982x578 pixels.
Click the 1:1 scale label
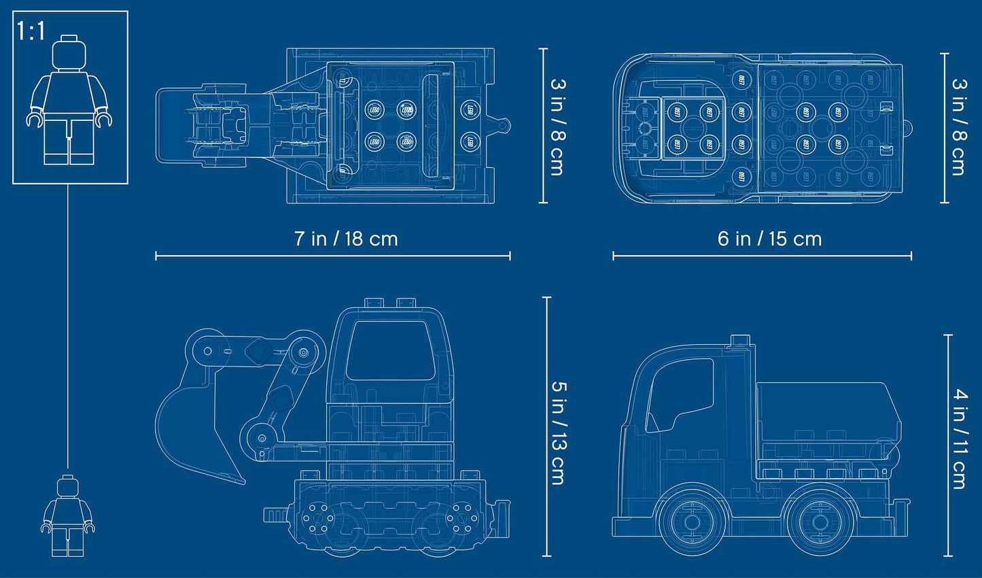coord(31,31)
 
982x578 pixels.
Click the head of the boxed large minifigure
coord(70,53)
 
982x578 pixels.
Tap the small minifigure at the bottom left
coord(67,515)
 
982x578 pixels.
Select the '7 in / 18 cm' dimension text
coord(346,239)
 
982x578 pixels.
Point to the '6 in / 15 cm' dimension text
coord(769,239)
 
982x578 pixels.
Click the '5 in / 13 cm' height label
coord(558,432)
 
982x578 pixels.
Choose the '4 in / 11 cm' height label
coord(959,438)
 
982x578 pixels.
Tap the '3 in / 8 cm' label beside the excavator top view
coord(557,126)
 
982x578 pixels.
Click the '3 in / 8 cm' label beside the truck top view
coord(958,126)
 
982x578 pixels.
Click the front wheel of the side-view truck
coord(692,522)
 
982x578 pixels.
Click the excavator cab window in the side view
coord(390,350)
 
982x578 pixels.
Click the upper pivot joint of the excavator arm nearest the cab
coord(302,353)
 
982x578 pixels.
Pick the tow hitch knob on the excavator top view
coord(504,126)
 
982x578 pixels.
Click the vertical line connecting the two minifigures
coord(68,326)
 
